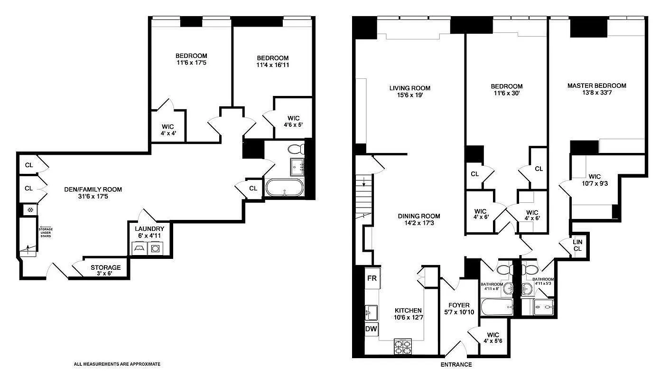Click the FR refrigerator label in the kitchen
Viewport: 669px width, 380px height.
pyautogui.click(x=372, y=278)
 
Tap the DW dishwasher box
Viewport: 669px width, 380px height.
pyautogui.click(x=371, y=329)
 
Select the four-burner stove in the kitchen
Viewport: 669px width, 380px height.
pyautogui.click(x=403, y=348)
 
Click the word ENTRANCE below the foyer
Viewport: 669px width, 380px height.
pyautogui.click(x=456, y=365)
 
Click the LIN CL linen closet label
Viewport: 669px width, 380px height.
pyautogui.click(x=577, y=245)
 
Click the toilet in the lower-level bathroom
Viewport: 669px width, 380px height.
pyautogui.click(x=297, y=149)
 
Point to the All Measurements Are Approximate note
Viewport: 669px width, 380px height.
pyautogui.click(x=117, y=364)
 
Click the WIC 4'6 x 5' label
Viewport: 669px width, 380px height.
pyautogui.click(x=293, y=122)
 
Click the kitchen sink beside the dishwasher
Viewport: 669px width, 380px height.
pyautogui.click(x=371, y=312)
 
